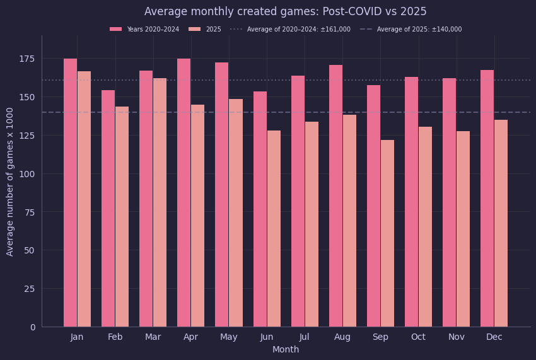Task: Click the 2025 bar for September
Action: click(x=387, y=233)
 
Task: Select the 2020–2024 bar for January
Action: click(x=71, y=193)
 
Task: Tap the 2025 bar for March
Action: click(x=160, y=203)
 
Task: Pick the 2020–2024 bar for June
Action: click(x=260, y=209)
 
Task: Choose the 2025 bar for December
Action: click(x=501, y=224)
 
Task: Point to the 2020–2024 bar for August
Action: click(x=335, y=196)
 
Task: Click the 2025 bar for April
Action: click(x=197, y=216)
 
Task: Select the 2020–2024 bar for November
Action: click(x=449, y=203)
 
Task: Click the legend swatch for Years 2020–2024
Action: click(x=115, y=30)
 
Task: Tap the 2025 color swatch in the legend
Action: click(x=194, y=30)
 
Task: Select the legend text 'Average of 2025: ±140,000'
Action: click(x=419, y=30)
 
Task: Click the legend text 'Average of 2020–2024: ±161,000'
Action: click(x=299, y=30)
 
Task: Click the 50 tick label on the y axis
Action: click(x=30, y=250)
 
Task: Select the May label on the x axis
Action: click(x=229, y=337)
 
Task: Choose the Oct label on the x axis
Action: click(x=419, y=337)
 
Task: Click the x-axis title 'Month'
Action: click(x=286, y=350)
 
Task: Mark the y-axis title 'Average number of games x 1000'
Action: click(x=9, y=182)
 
